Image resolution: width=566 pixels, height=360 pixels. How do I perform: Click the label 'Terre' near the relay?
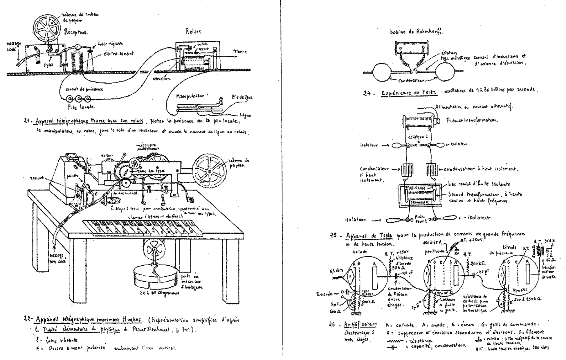pos(241,52)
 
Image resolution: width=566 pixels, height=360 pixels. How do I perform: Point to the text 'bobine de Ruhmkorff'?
pos(417,32)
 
